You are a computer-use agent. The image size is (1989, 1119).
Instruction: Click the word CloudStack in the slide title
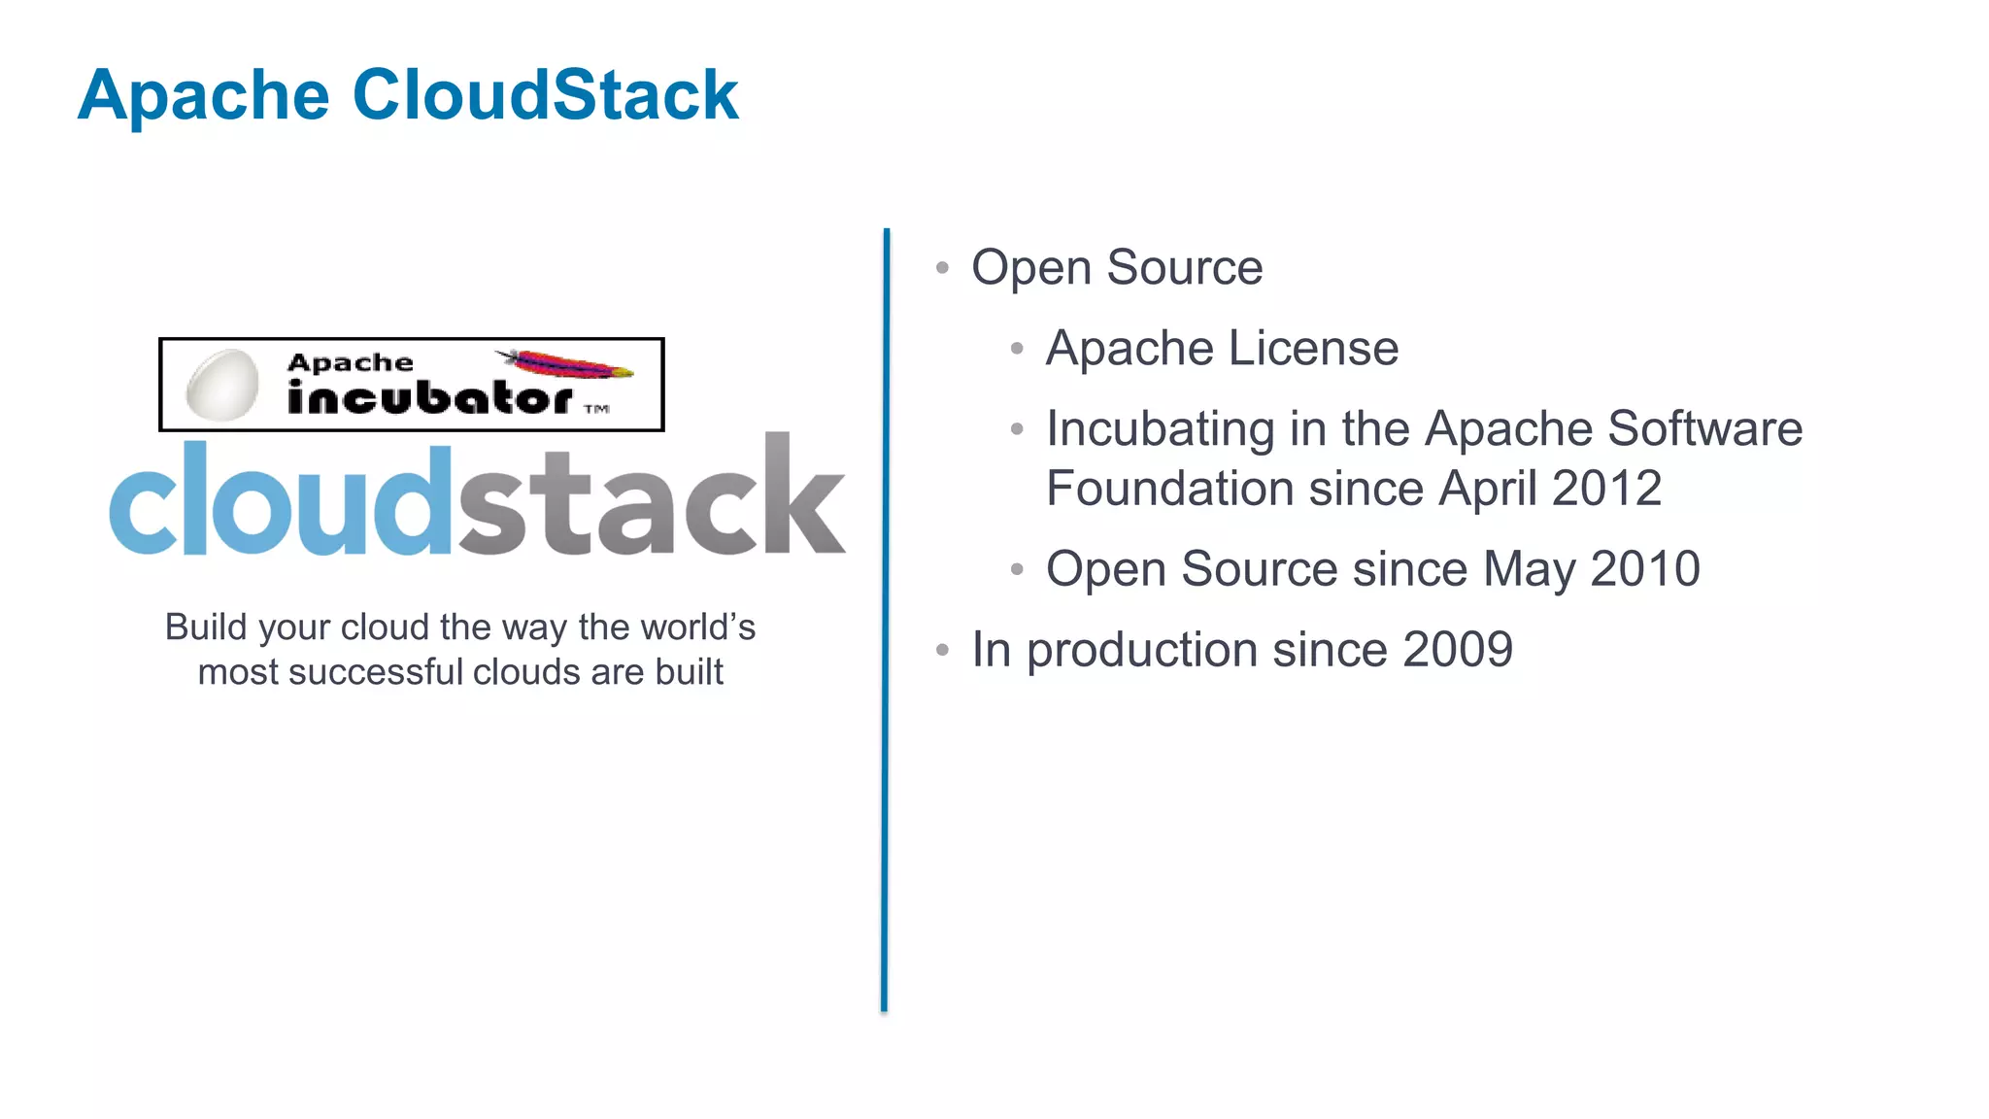(x=545, y=95)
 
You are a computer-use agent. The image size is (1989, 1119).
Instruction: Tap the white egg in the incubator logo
(x=222, y=385)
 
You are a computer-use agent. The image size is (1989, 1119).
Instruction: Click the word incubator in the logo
(x=429, y=397)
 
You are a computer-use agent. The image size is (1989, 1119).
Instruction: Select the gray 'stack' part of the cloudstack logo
(x=650, y=500)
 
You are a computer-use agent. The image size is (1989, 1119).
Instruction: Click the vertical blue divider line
(x=886, y=622)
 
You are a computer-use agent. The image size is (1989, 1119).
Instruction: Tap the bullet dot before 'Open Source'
(x=941, y=268)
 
